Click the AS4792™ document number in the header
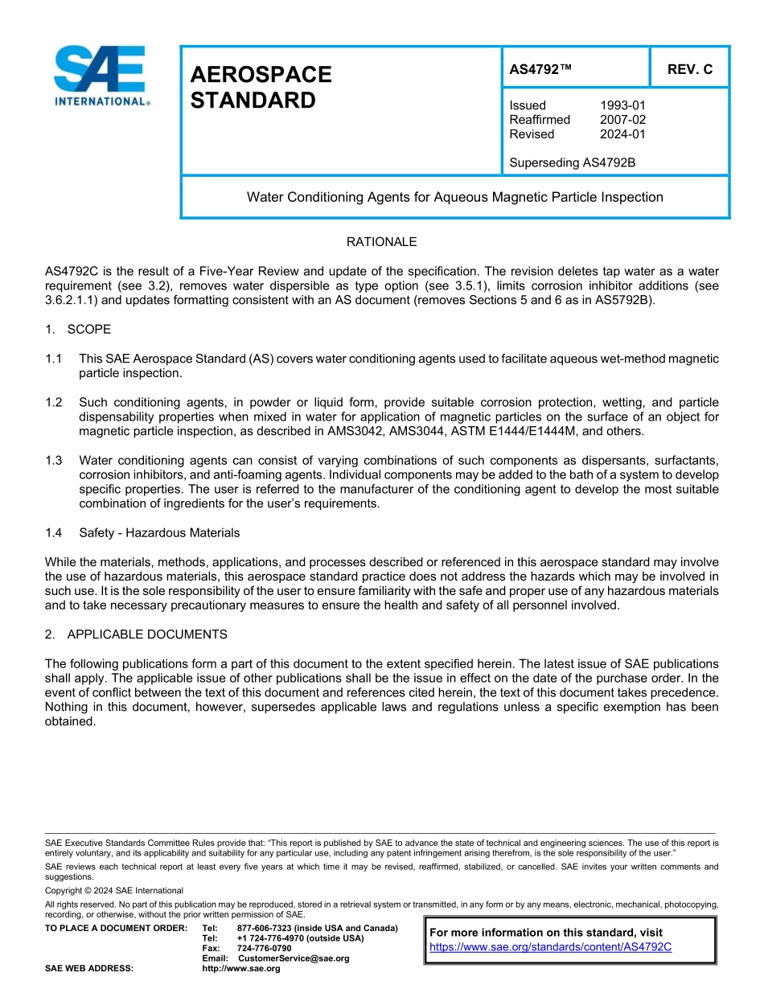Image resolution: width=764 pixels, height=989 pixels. coord(540,69)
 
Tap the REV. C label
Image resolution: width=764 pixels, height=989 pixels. coord(689,69)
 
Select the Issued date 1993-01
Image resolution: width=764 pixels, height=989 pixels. coord(622,105)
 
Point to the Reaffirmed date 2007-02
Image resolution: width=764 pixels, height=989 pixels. coord(622,120)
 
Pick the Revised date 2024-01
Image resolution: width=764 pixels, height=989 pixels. coord(622,134)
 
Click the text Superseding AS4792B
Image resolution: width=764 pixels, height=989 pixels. coord(572,162)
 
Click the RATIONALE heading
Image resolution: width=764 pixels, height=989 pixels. coord(381,242)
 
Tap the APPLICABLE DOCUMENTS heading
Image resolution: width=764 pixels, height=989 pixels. coord(146,634)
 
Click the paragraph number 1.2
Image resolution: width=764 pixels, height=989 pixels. coord(54,402)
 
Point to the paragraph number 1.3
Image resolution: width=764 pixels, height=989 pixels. coord(54,460)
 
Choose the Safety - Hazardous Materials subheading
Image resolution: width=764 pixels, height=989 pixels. coord(159,532)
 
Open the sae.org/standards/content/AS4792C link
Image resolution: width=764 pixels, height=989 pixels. coord(550,947)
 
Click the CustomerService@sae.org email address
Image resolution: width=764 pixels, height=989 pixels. coord(294,958)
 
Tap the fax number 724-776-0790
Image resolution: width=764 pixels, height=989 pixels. coord(264,948)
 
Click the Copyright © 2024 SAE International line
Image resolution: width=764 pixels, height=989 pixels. coord(114,890)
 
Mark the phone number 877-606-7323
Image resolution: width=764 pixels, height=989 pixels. coord(264,928)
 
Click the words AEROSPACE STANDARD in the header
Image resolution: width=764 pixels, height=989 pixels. coord(261,88)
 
